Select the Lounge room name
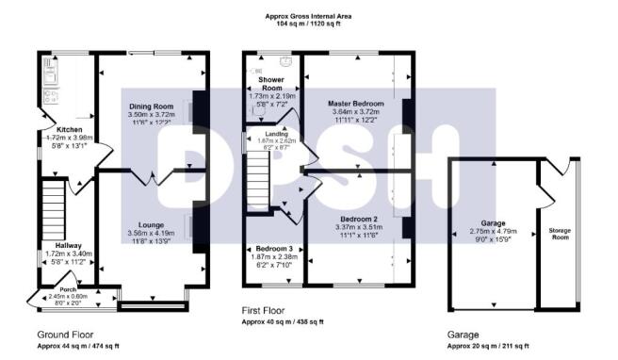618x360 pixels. (x=152, y=225)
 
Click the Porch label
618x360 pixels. (x=67, y=289)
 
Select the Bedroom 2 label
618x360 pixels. (x=355, y=219)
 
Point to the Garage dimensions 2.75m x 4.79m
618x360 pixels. (x=495, y=231)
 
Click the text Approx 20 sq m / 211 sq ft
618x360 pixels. (x=486, y=346)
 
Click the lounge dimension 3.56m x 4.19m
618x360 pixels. (x=152, y=234)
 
